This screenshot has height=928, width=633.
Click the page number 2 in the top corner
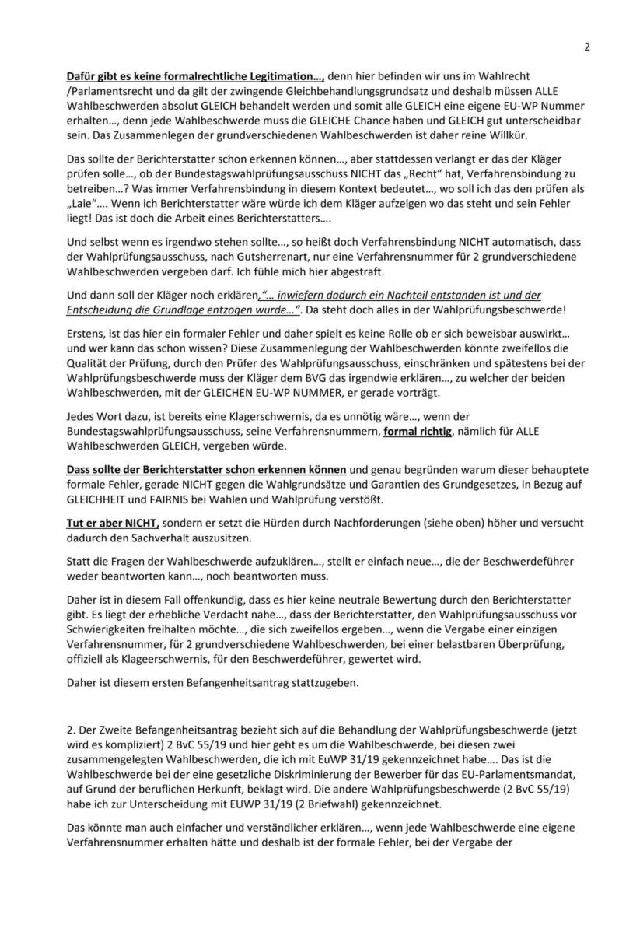click(x=587, y=46)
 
